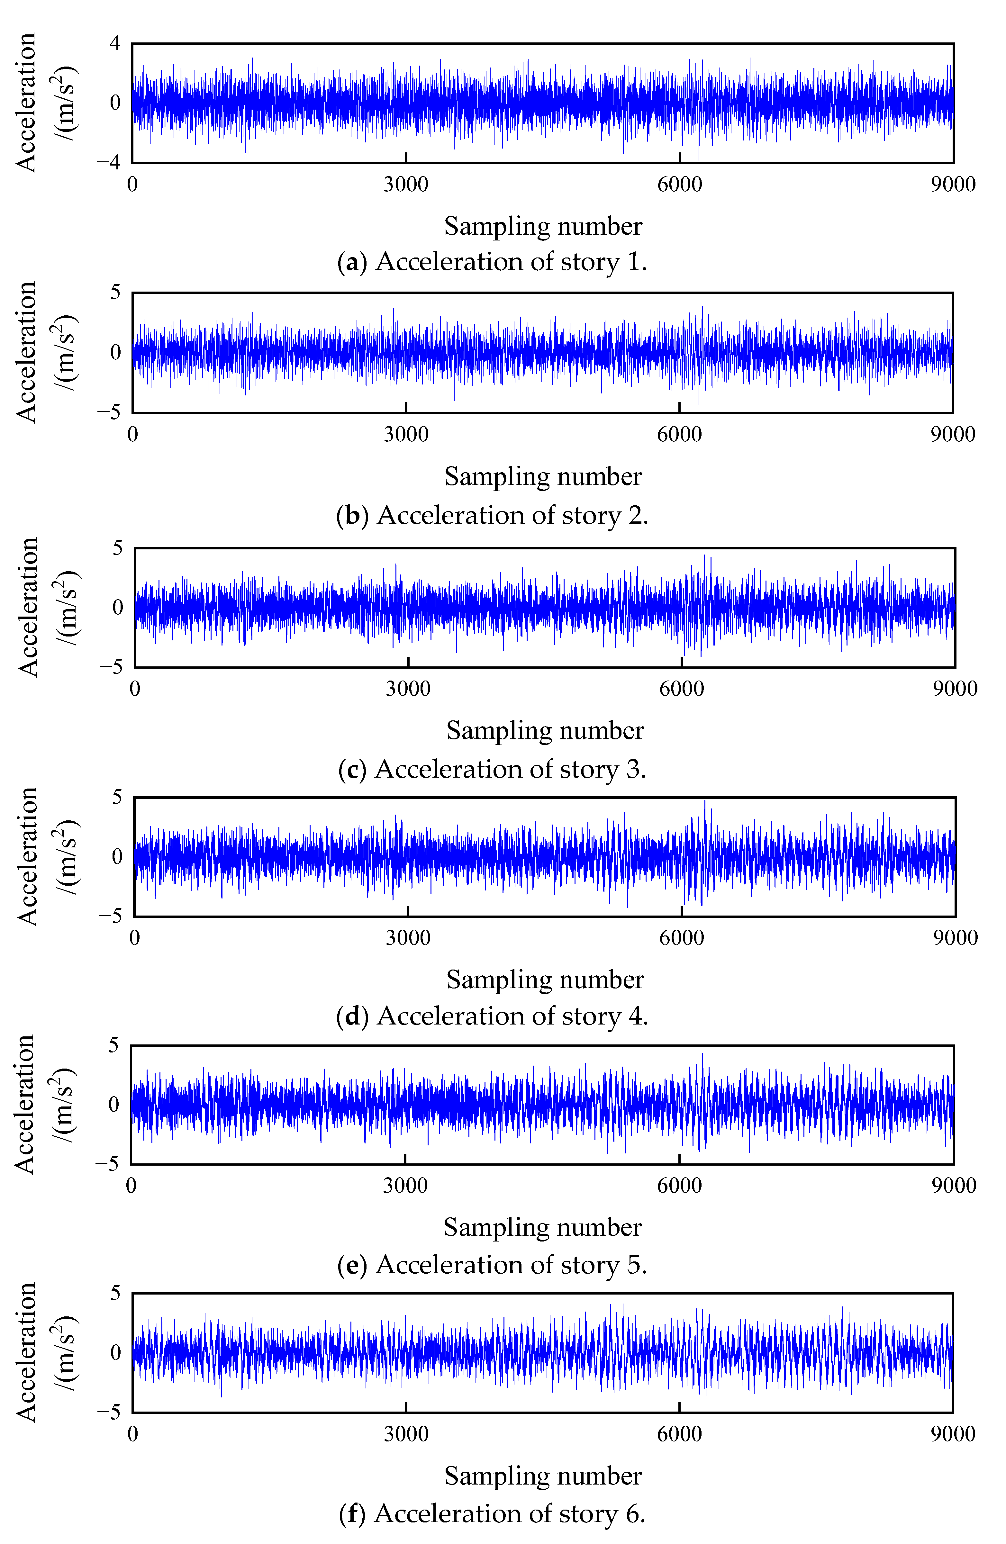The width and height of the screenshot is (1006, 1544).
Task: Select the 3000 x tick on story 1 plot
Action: click(x=406, y=184)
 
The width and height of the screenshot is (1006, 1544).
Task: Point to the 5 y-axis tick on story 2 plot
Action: click(x=115, y=293)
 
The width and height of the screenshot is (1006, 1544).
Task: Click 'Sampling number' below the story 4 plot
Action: click(x=545, y=980)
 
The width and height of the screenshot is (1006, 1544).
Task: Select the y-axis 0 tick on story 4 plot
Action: click(x=117, y=856)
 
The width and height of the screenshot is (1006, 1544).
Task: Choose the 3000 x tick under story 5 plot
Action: click(x=405, y=1186)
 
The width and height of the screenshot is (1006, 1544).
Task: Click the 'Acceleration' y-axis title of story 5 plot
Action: click(x=25, y=1104)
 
